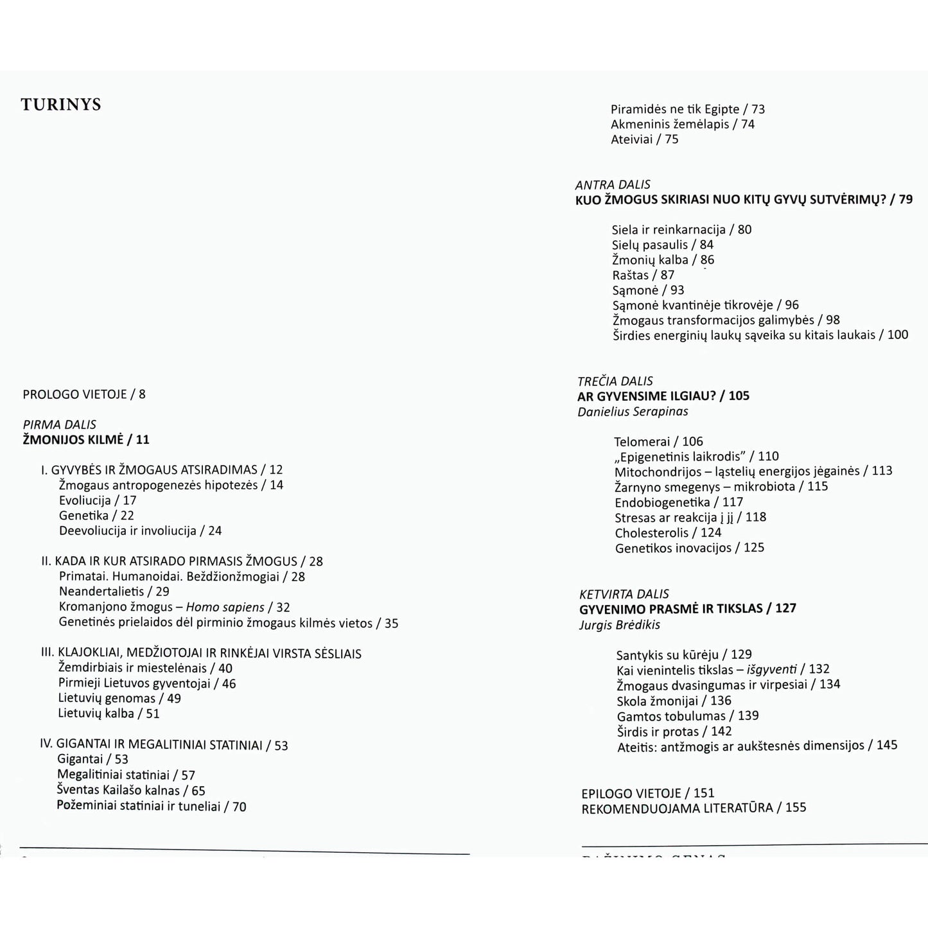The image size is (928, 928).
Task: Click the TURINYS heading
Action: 61,105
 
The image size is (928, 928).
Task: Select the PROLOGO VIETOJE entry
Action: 84,394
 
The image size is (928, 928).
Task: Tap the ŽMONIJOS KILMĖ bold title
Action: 86,440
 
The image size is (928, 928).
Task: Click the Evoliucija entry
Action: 98,500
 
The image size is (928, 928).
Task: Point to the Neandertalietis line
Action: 114,591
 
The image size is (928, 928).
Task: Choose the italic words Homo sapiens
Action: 225,607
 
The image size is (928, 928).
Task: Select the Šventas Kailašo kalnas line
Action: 131,791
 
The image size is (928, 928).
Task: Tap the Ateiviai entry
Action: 644,139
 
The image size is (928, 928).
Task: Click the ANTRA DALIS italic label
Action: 613,185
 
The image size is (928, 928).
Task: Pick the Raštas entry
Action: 643,275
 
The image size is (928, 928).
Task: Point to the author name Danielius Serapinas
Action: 633,412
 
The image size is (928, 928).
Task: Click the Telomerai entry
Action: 658,441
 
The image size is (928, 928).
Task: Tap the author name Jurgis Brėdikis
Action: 619,625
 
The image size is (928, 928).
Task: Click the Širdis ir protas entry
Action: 674,731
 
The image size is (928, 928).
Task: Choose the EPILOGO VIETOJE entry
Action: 647,793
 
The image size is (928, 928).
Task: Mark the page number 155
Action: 795,808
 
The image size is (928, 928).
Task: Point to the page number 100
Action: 897,335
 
